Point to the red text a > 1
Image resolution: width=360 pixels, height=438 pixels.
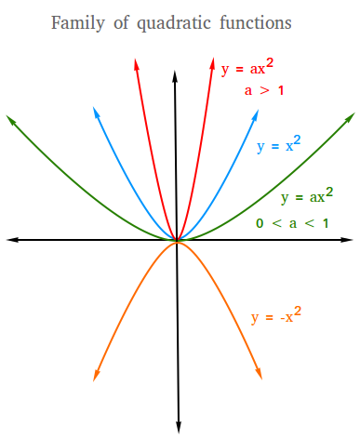tap(264, 90)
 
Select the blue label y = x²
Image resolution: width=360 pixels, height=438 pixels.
tap(279, 146)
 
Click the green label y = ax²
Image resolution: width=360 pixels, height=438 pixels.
tap(306, 197)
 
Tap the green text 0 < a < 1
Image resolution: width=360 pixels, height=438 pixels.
tap(292, 223)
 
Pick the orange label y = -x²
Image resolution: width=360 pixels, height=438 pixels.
tap(274, 317)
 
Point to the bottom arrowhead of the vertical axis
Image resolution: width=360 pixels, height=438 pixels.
tap(177, 428)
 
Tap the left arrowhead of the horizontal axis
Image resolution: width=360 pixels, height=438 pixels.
tap(12, 240)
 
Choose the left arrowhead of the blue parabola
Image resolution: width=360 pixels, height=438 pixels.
tap(95, 112)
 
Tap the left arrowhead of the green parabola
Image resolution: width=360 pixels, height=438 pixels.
tap(10, 119)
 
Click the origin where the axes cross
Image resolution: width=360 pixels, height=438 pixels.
tap(177, 240)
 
